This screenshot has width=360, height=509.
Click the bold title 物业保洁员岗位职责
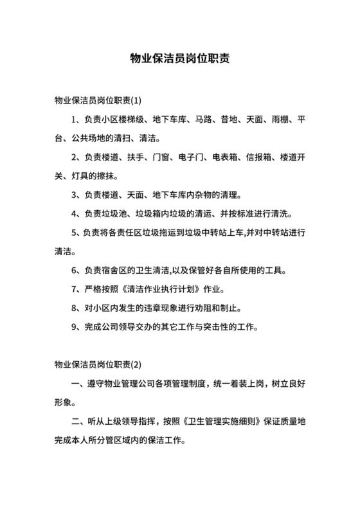coord(180,58)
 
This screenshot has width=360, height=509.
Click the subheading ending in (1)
coord(98,100)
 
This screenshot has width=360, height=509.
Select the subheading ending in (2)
coord(98,366)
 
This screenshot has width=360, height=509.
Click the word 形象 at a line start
coord(64,404)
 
